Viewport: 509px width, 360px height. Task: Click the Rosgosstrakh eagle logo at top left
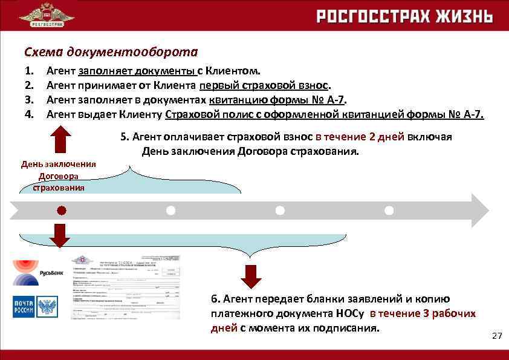[x=47, y=15]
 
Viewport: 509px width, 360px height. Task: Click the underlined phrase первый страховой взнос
[x=265, y=85]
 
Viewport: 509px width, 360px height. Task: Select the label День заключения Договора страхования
[x=59, y=175]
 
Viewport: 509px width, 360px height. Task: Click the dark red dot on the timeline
[x=61, y=211]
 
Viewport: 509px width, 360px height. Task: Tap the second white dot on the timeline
[x=280, y=211]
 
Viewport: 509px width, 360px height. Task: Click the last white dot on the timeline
[x=389, y=211]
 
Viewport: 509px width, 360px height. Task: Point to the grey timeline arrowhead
[x=478, y=211]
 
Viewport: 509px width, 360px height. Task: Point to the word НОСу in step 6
[x=349, y=313]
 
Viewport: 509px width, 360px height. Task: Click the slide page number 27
[x=497, y=336]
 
